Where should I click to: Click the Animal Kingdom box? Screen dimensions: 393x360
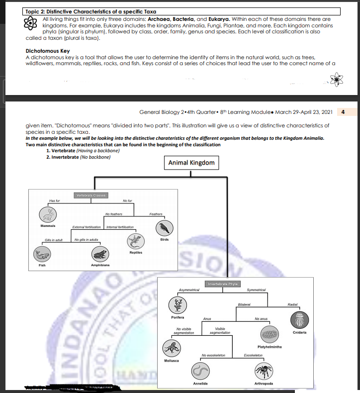191,163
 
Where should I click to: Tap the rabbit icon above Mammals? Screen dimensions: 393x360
48,214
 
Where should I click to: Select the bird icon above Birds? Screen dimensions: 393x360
164,228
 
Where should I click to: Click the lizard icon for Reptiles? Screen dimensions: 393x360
135,241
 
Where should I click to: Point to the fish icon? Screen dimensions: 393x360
42,255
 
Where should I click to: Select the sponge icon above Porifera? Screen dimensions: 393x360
177,304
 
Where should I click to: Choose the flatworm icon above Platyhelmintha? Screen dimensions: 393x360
270,334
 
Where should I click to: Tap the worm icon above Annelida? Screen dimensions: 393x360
200,371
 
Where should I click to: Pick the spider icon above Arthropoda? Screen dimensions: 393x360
263,370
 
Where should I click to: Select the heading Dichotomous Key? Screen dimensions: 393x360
47,51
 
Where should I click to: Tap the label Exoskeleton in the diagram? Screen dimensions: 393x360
254,356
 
